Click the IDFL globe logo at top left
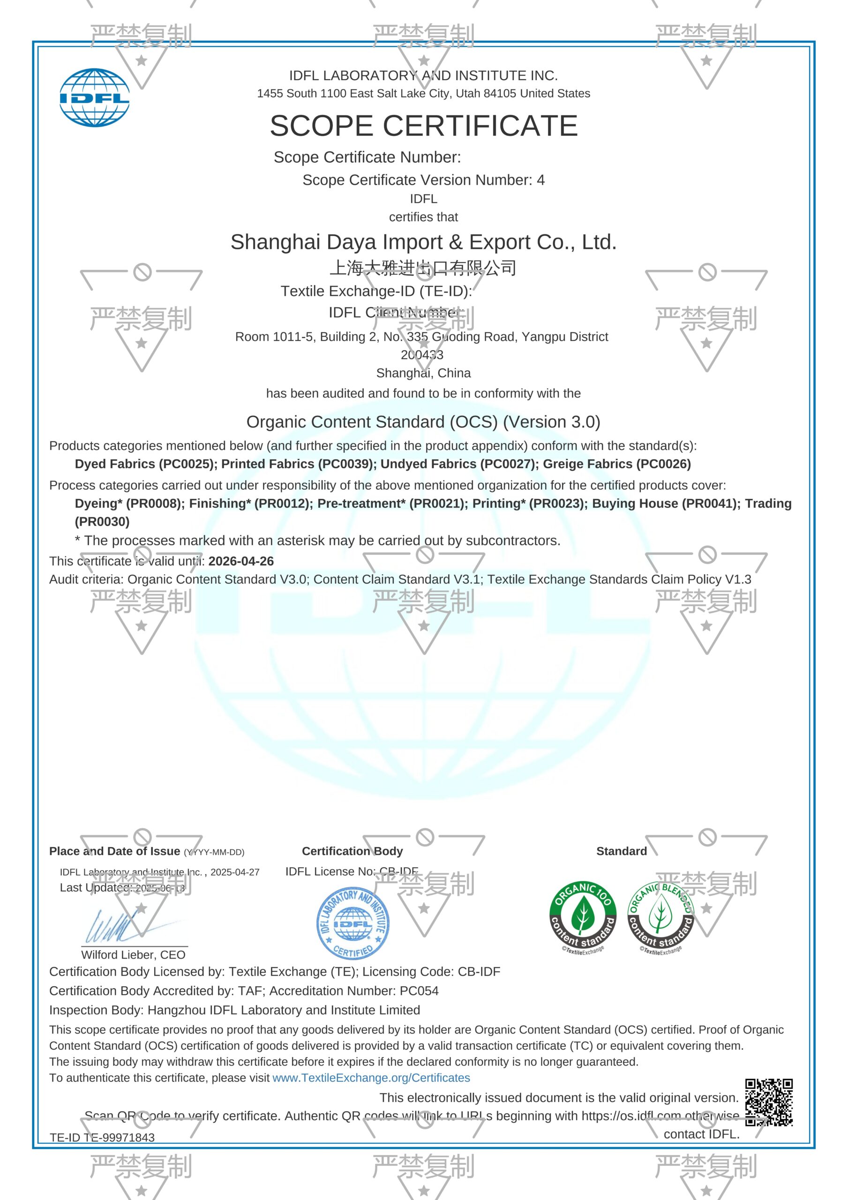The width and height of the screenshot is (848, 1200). tap(94, 98)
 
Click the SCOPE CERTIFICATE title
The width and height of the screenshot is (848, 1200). tap(423, 126)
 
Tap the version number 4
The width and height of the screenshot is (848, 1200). tap(540, 180)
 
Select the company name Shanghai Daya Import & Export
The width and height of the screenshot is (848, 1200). tap(423, 242)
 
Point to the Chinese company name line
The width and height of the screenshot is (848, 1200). tap(423, 268)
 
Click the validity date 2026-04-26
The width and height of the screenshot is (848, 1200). tap(241, 561)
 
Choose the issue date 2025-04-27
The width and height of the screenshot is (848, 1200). tap(235, 872)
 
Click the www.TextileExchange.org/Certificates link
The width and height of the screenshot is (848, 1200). tap(371, 1078)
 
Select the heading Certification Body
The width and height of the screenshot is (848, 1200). tap(353, 851)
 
